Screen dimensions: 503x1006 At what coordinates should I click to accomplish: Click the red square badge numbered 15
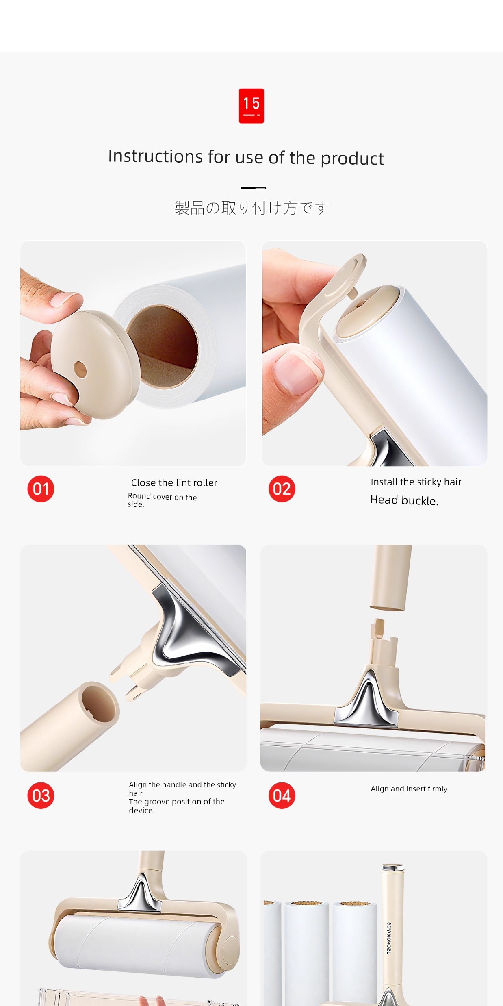[251, 106]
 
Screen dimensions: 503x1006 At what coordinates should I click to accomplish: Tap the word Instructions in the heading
[155, 156]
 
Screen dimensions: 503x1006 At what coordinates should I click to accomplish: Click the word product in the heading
[352, 159]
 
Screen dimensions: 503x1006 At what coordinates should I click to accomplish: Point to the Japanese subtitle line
[251, 208]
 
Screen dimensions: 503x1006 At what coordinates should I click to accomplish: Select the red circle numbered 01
[41, 489]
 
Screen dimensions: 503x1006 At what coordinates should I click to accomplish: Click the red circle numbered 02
[282, 489]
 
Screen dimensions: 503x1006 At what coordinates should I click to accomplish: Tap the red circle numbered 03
[41, 795]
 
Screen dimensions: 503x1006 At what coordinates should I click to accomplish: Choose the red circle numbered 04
[282, 795]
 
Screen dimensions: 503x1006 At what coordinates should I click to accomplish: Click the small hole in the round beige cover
[80, 370]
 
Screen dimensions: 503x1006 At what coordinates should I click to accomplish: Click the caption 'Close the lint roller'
[174, 482]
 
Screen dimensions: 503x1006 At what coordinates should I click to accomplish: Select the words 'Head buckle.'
[404, 500]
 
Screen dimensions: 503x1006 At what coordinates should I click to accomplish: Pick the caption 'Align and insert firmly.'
[410, 789]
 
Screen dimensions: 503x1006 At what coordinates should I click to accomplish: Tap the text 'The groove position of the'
[177, 802]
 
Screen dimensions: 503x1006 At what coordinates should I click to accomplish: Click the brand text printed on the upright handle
[389, 938]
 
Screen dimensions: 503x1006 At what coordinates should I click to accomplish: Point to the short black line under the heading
[254, 188]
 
